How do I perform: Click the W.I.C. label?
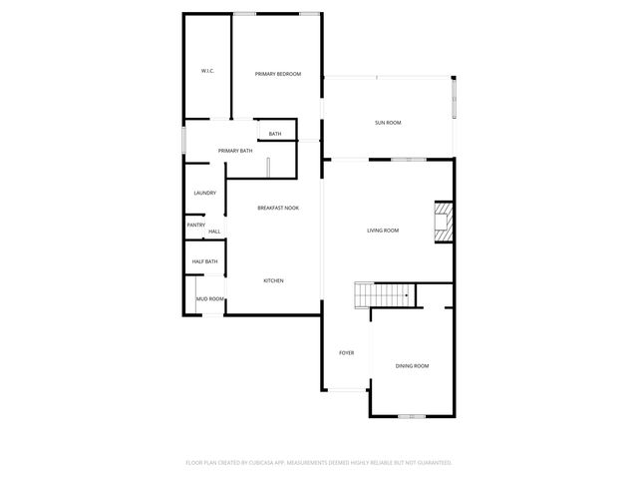coord(207,71)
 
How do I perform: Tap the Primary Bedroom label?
coord(277,74)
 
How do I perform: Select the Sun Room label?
coord(388,123)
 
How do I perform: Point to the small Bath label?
coord(275,134)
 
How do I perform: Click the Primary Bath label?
coord(235,151)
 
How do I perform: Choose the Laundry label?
coord(205,193)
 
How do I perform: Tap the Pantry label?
coord(196,225)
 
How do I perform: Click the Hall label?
coord(214,232)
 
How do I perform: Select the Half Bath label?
coord(204,261)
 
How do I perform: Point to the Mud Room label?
coord(209,298)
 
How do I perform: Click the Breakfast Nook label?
coord(278,208)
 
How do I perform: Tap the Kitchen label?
coord(273,280)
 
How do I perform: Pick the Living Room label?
coord(383,231)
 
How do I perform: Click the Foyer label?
coord(347,352)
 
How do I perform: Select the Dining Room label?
coord(413,366)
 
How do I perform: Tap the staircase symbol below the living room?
coord(384,295)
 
